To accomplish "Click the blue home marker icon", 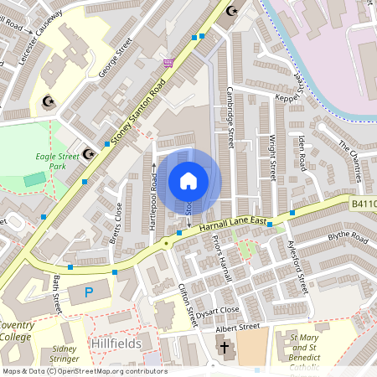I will pyautogui.click(x=188, y=180).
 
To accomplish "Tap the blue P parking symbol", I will pyautogui.click(x=89, y=292).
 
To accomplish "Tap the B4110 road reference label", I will pyautogui.click(x=363, y=204).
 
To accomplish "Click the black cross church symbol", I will pyautogui.click(x=224, y=348).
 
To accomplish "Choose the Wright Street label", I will pyautogui.click(x=272, y=158).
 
